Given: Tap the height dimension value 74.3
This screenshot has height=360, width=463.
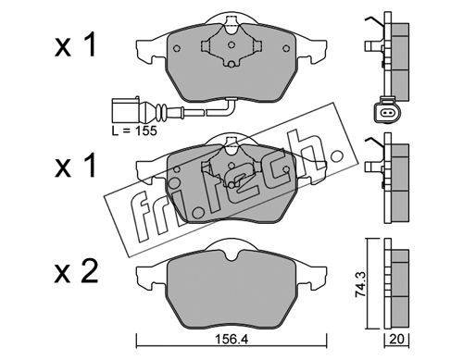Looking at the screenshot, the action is coord(361,284).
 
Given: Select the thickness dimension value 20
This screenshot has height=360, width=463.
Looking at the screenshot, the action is coord(396,340).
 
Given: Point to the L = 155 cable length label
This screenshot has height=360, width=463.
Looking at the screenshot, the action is coord(134,130).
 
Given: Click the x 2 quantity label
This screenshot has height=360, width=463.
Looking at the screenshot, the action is coord(76,271).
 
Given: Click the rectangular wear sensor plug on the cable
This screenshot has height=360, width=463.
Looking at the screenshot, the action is coord(126,110).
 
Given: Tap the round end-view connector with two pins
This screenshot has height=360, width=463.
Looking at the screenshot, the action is coord(386,113).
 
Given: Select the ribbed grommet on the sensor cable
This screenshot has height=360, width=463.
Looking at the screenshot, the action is coord(162,110).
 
